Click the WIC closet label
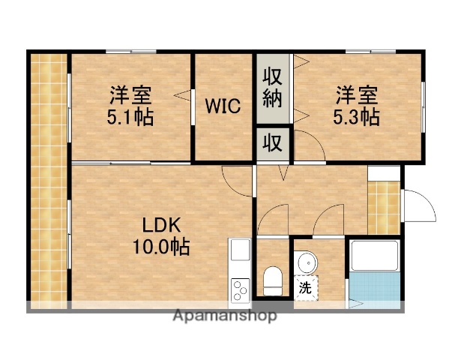pos(223,106)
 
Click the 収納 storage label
pos(272,88)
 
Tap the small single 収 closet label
pos(272,142)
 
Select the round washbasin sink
pos(307,263)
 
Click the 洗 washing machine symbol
pos(306,286)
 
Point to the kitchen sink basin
pos(239,250)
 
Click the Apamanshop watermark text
pos(224,316)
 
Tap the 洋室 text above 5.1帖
pos(130,95)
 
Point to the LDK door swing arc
pos(238,180)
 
